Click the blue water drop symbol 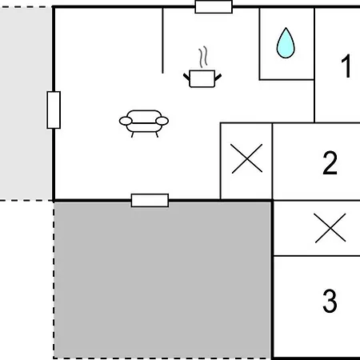pos(286,44)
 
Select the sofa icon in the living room pos(144,123)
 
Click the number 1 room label pos(346,66)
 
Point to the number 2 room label pos(330,162)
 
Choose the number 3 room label pos(330,301)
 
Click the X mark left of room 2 pos(247,158)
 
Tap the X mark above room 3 pos(330,228)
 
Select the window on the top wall pos(214,7)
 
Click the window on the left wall pos(54,110)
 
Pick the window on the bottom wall pos(150,200)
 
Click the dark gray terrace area pos(162,280)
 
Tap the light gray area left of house pos(26,103)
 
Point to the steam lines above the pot pos(203,57)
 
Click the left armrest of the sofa pos(126,121)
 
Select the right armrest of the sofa pos(162,121)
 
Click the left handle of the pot pos(186,77)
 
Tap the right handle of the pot pos(218,77)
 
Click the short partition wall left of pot pos(162,41)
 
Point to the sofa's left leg pos(133,134)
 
